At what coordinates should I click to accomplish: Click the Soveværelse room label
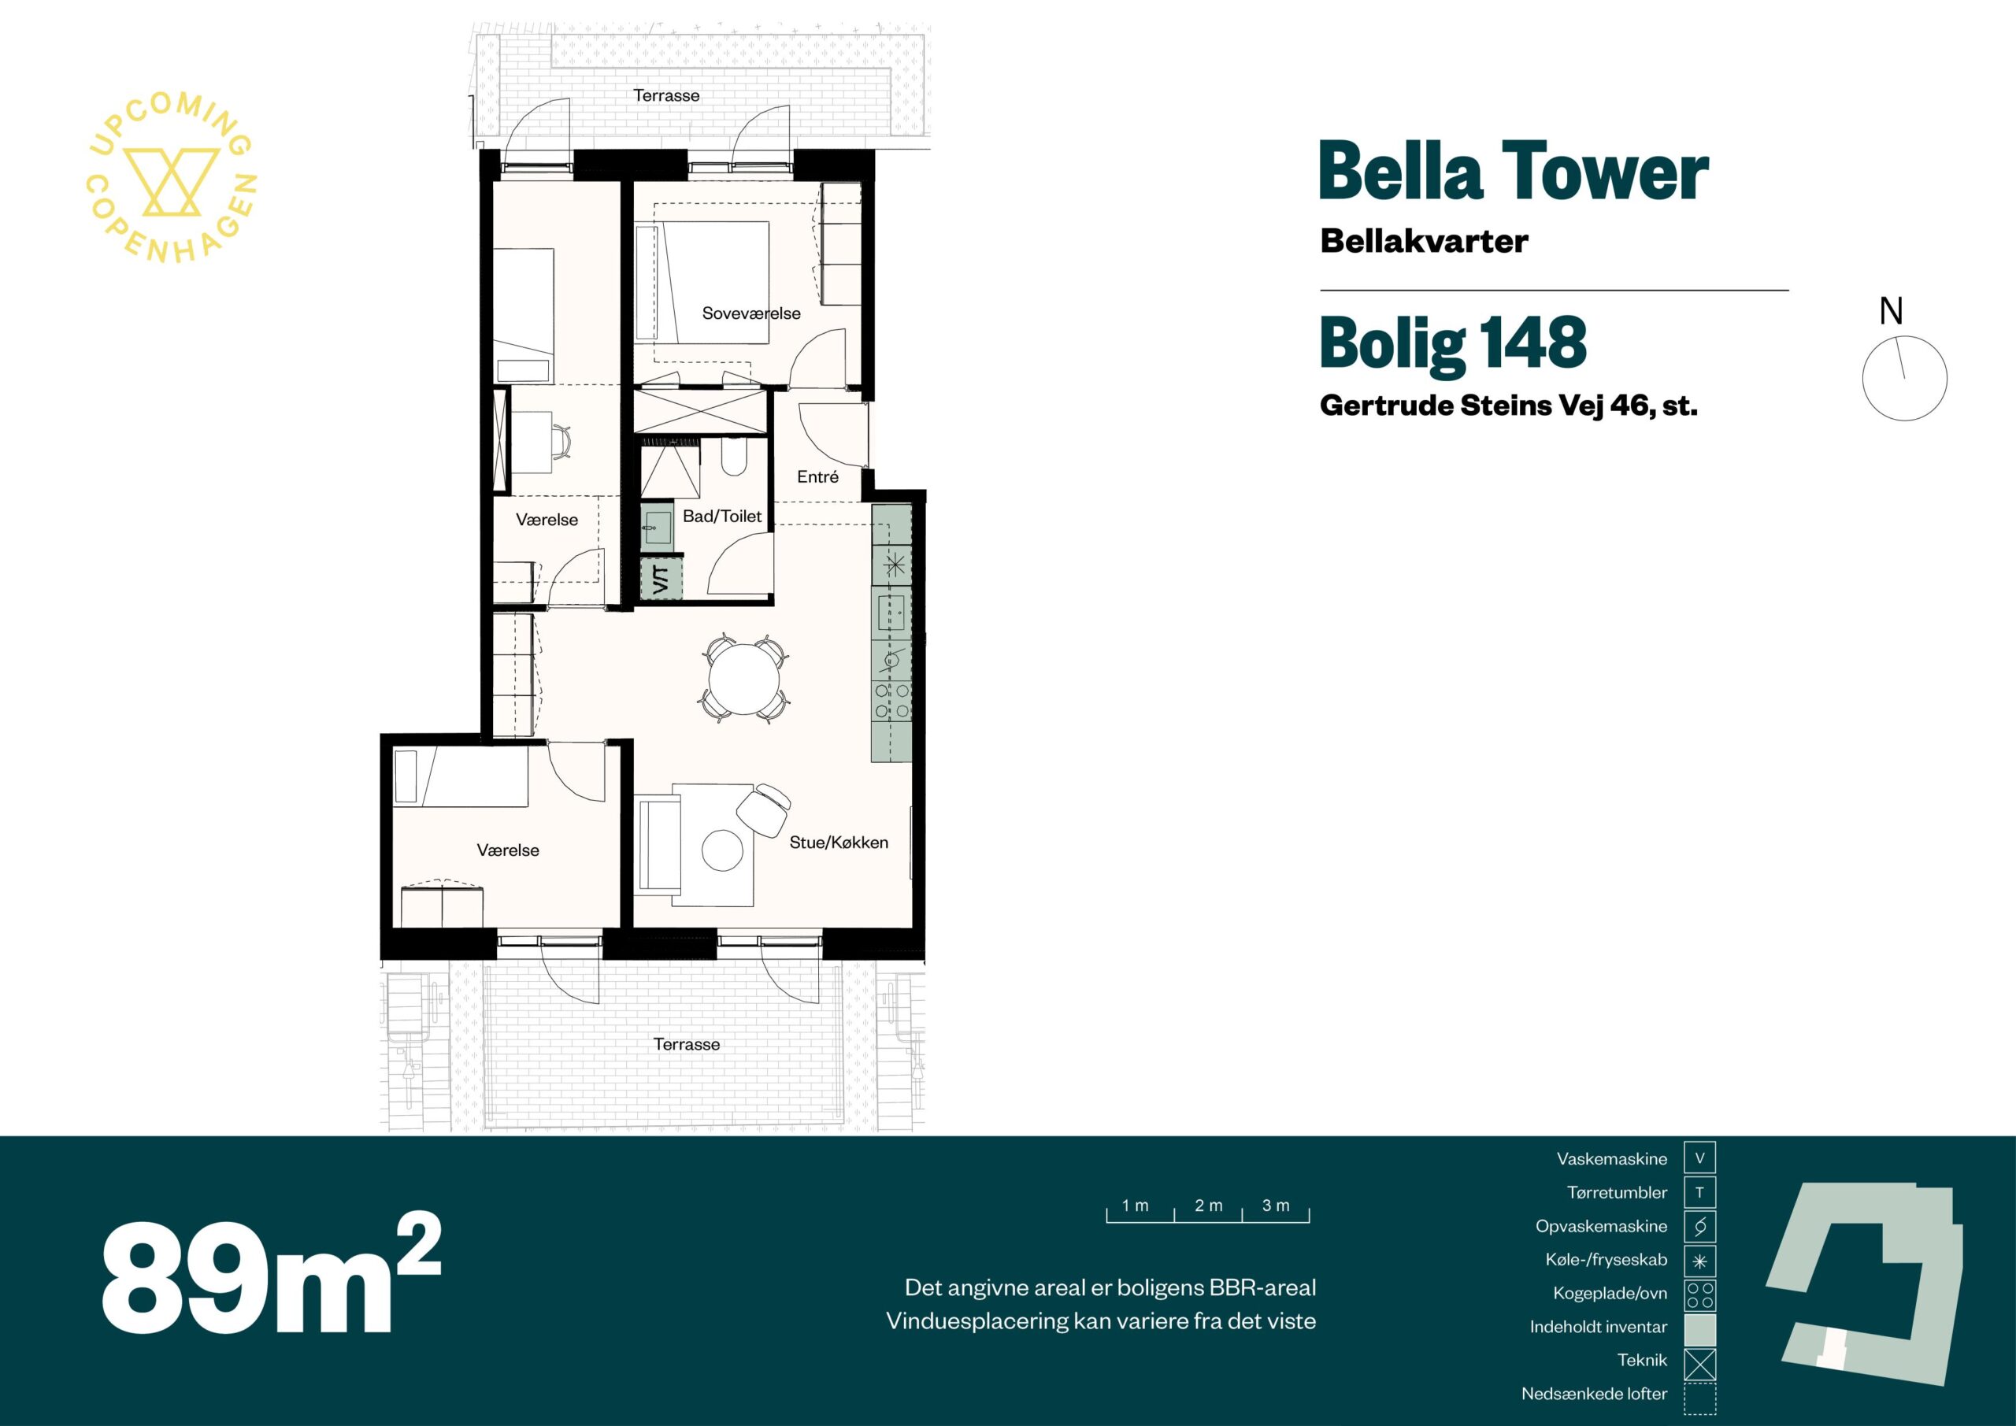(750, 313)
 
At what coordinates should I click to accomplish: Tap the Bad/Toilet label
(722, 517)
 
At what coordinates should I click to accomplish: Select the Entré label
(817, 477)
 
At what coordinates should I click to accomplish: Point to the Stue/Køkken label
(839, 842)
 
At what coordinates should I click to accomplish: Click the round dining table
(743, 680)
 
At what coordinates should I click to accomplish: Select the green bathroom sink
(657, 527)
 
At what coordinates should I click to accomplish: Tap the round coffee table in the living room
(723, 850)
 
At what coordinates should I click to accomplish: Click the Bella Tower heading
(1514, 173)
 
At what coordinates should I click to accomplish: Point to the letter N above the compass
(1892, 311)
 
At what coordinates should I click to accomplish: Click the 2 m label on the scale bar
(1208, 1206)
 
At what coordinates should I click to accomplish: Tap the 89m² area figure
(270, 1273)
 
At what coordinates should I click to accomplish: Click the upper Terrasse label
(666, 94)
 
